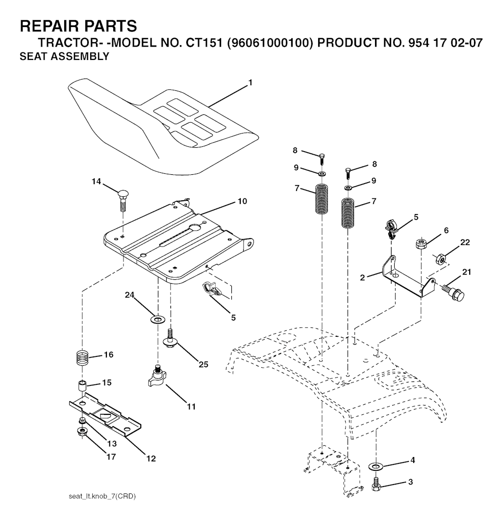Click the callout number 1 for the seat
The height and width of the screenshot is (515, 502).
[250, 82]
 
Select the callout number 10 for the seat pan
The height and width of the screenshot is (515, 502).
[242, 201]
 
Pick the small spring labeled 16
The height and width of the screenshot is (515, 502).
[83, 357]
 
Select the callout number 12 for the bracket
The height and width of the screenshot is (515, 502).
[151, 459]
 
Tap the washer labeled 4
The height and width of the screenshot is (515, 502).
[376, 464]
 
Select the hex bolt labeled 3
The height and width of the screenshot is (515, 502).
[376, 483]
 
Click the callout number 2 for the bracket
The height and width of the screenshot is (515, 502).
[362, 277]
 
